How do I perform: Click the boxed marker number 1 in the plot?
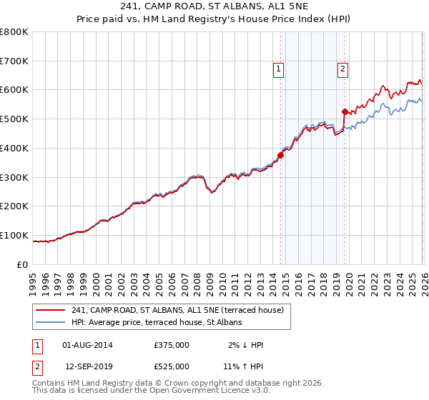(x=277, y=69)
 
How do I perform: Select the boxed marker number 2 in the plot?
(x=342, y=69)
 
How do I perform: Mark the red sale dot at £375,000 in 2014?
(x=280, y=156)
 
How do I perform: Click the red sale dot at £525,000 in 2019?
(x=345, y=111)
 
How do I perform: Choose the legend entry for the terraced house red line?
(x=178, y=310)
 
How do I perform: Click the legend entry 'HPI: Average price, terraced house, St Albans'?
(x=157, y=323)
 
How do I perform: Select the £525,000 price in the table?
(x=172, y=366)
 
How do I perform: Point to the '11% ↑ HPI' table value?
(x=242, y=366)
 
